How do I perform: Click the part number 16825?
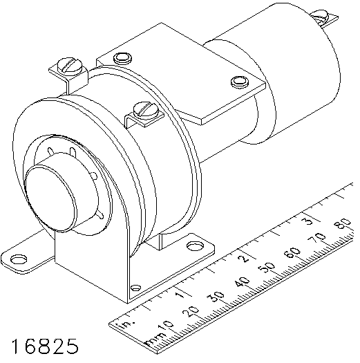45,346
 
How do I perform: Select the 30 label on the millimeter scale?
216,297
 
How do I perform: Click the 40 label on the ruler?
242,283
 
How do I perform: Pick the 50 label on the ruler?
267,268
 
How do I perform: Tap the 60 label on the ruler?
292,254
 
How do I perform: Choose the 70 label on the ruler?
318,239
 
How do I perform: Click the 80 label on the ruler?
343,224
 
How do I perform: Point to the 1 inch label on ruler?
180,295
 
